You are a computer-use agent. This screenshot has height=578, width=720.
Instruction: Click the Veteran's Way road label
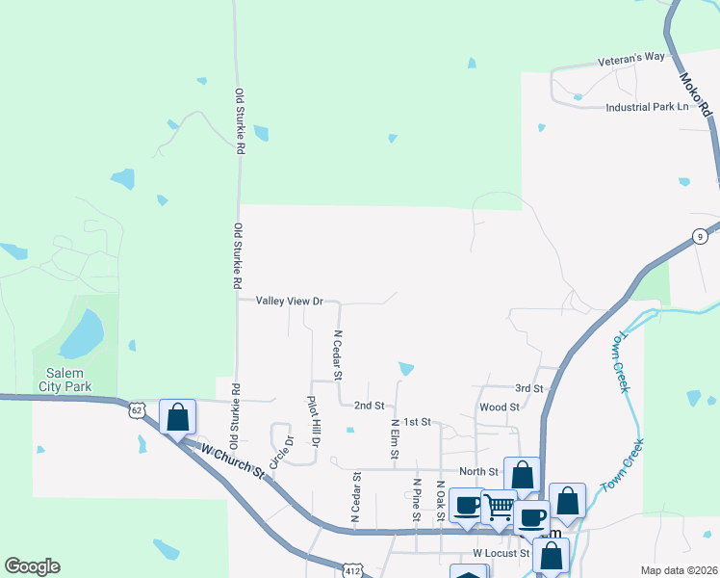tap(631, 57)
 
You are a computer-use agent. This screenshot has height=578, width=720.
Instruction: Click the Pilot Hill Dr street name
tap(312, 421)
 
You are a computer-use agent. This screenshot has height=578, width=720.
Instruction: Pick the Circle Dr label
tap(280, 452)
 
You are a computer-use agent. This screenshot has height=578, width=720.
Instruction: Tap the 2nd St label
tap(369, 406)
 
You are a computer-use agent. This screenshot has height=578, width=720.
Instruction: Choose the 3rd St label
tap(528, 388)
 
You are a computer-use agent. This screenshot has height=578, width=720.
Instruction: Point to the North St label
tap(478, 471)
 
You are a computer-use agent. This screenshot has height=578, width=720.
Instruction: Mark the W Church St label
tap(232, 460)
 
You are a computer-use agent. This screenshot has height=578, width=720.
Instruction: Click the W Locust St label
tap(501, 554)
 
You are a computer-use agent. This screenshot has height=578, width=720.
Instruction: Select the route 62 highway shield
tap(139, 410)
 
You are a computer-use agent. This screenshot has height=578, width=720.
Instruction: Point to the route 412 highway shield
tap(352, 570)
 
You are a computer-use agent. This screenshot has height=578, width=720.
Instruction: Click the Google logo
tap(32, 566)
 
